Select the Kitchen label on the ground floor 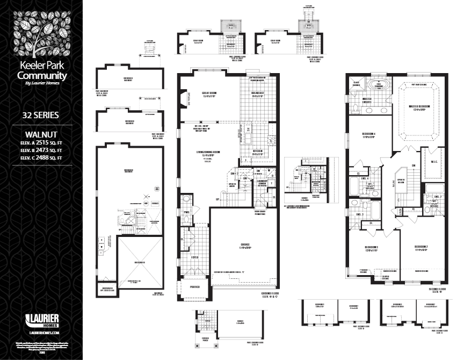(x=257, y=152)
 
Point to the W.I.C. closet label (x=433, y=162)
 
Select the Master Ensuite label (x=367, y=100)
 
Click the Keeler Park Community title (x=42, y=71)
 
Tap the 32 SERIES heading (x=41, y=115)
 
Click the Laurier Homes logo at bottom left (x=41, y=320)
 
